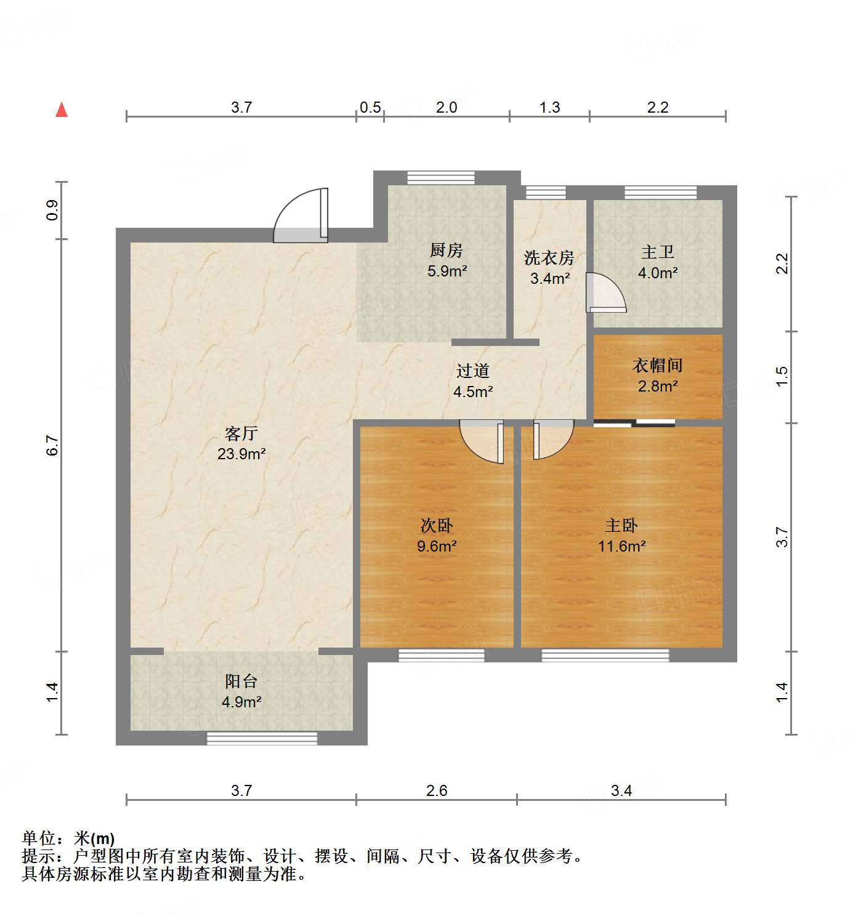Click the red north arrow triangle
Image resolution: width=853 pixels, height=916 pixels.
62,110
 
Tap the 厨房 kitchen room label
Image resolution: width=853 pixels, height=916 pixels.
447,251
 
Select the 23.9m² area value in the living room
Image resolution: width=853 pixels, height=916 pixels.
241,454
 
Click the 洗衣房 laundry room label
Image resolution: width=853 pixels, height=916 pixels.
549,258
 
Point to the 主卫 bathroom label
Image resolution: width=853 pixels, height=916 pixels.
658,252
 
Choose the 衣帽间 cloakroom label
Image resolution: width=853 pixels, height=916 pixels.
658,366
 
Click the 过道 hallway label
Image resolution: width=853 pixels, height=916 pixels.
473,371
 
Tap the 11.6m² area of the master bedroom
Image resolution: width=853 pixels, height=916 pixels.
621,546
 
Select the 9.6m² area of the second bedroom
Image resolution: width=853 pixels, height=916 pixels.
437,546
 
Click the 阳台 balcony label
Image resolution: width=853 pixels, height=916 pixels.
241,681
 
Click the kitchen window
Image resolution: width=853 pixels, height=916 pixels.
441,178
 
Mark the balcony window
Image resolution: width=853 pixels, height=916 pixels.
262,738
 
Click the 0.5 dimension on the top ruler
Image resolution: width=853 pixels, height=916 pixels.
370,108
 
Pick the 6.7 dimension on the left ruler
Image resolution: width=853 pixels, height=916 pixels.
52,445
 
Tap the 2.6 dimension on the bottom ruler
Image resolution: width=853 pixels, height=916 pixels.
437,790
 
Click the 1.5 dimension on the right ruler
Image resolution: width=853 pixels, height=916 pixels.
782,377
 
